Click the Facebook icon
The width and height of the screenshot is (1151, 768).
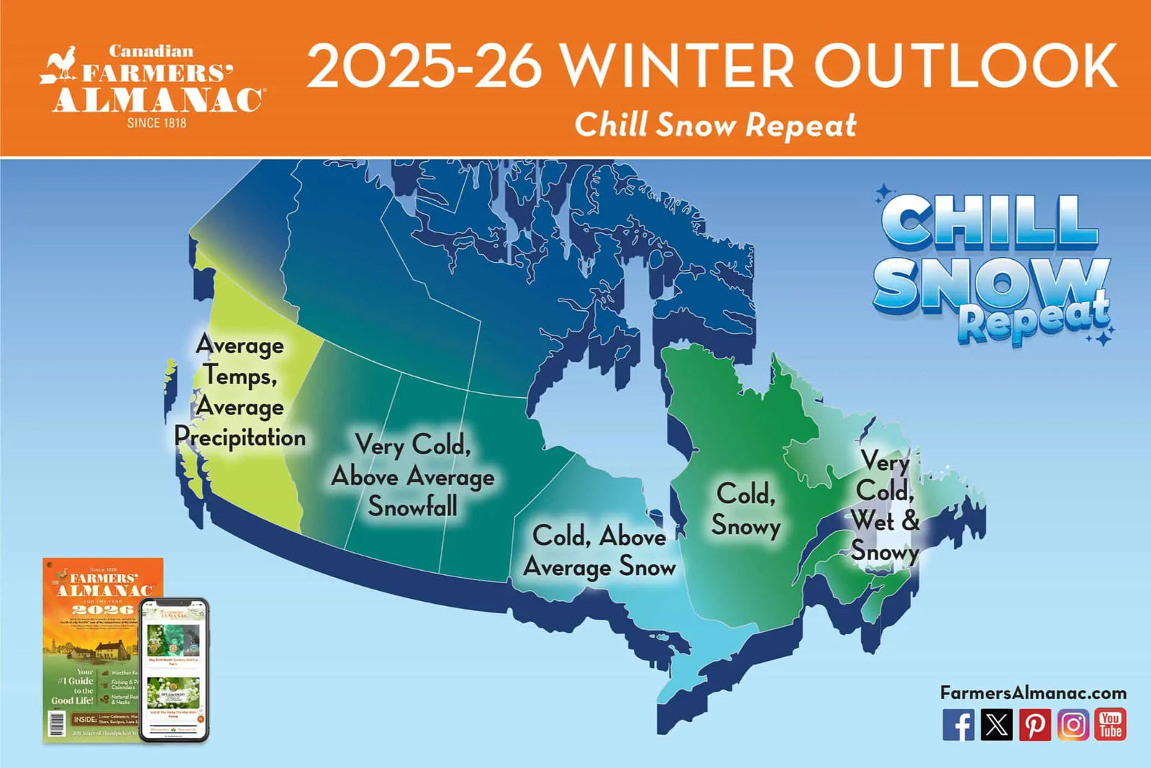coord(958,725)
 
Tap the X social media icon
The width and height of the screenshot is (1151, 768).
coord(996,725)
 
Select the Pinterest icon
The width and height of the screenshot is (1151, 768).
coord(1034,725)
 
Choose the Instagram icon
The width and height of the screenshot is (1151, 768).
coord(1073,725)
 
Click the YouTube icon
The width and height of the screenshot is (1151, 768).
coord(1110,725)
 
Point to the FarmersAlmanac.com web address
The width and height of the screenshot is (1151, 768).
coord(1033,693)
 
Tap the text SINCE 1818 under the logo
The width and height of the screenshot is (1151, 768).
coord(157,123)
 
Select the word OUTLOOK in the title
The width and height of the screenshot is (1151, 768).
coord(965,66)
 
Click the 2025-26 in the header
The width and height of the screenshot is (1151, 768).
coord(424,66)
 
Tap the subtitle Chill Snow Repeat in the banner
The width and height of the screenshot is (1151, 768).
coord(715,125)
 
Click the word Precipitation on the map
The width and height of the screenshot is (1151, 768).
coord(240,438)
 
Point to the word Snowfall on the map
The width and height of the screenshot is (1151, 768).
coord(412,507)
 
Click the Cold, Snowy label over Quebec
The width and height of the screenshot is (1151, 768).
coord(746,510)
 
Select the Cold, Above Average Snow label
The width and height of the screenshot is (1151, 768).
coord(599,552)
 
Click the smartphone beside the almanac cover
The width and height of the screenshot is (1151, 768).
coord(174,669)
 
